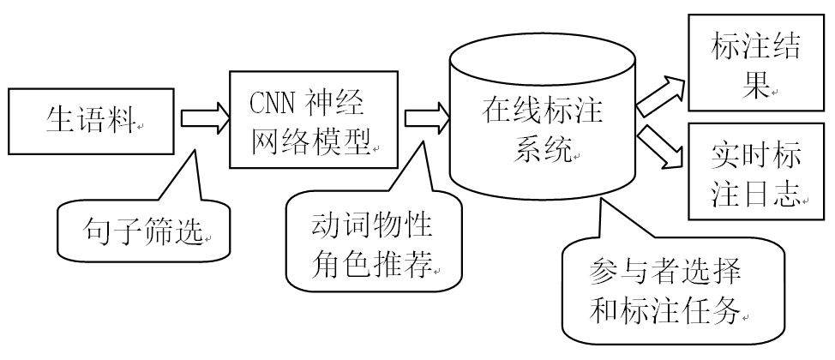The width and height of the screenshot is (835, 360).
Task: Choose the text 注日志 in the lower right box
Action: coord(755,195)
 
